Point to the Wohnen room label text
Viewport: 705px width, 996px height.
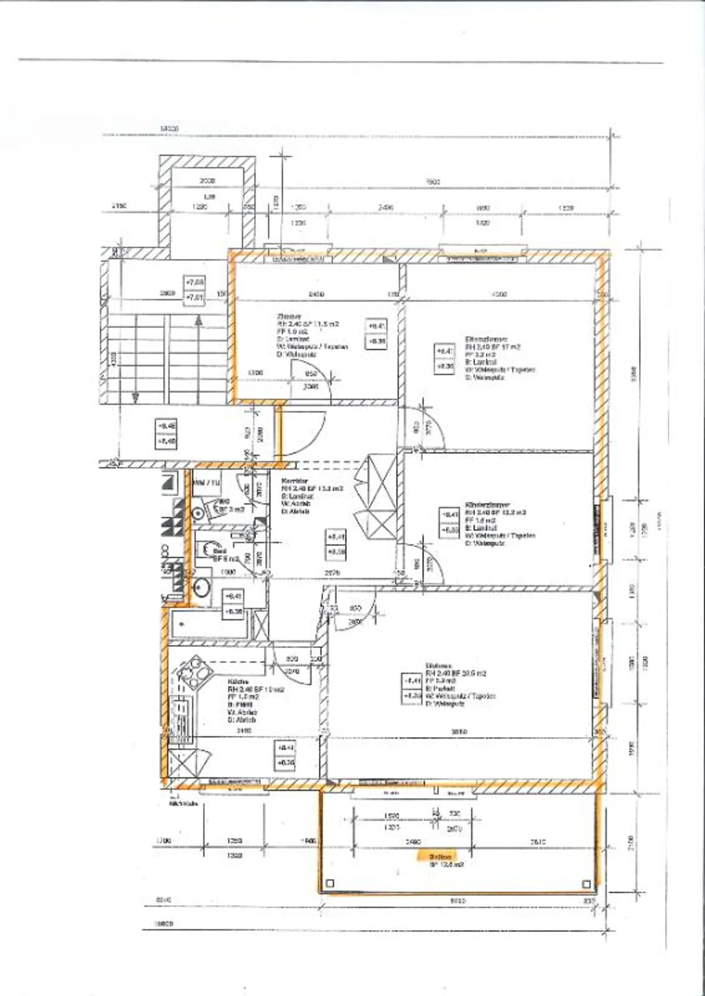(x=439, y=666)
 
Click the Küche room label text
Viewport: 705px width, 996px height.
(x=238, y=682)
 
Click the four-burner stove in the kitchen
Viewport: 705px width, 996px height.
(x=194, y=672)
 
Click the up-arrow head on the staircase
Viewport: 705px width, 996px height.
(x=198, y=321)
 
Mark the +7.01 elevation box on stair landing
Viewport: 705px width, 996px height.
(x=195, y=297)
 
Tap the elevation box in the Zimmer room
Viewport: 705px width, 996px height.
(x=376, y=334)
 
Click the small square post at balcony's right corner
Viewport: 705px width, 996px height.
(x=586, y=883)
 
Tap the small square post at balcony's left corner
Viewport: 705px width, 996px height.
(x=330, y=883)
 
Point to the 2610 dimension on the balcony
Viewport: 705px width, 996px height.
(x=538, y=842)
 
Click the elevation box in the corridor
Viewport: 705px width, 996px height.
(x=336, y=544)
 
